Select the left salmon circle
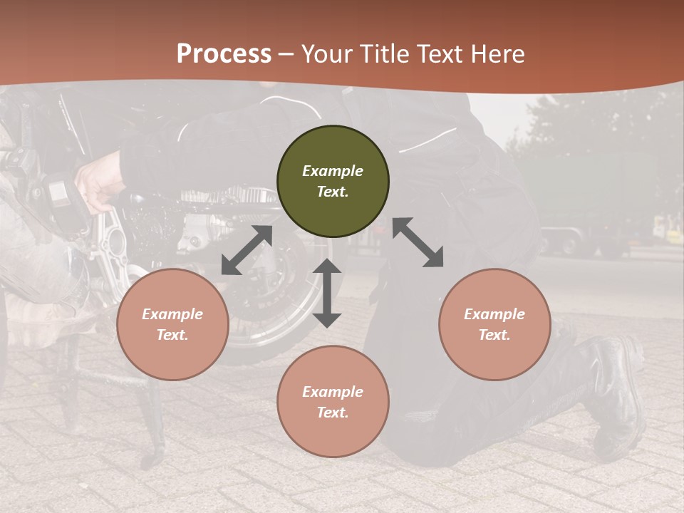click(172, 324)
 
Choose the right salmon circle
click(494, 324)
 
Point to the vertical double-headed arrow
click(327, 292)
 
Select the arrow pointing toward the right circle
click(418, 242)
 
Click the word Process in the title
click(224, 53)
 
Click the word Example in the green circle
click(333, 171)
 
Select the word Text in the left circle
click(172, 335)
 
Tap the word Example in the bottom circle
click(333, 392)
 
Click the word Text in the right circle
click(494, 335)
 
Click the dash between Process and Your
click(286, 53)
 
